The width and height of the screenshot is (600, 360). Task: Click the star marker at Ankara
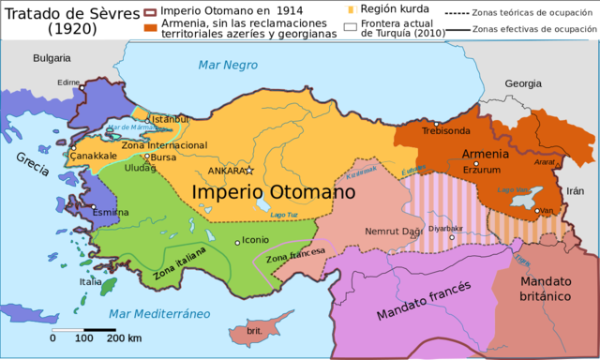point(249,171)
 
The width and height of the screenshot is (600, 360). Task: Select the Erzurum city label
point(482,169)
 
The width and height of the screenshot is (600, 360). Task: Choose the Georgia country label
point(522,83)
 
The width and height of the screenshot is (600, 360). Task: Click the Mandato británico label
point(546,288)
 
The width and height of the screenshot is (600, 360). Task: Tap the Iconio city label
point(256,240)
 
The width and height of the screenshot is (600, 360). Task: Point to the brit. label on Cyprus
point(254,331)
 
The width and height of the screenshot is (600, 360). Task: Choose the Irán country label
point(574,190)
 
